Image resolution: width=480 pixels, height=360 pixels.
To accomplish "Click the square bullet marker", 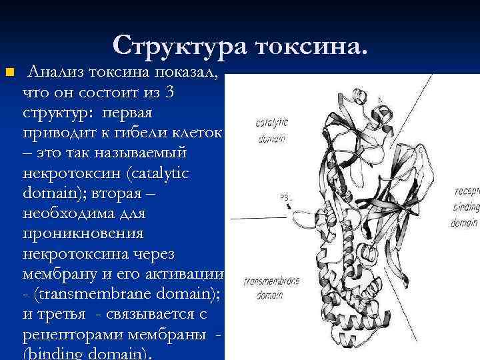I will (x=9, y=71).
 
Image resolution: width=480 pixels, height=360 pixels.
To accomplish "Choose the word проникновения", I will (x=83, y=235).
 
